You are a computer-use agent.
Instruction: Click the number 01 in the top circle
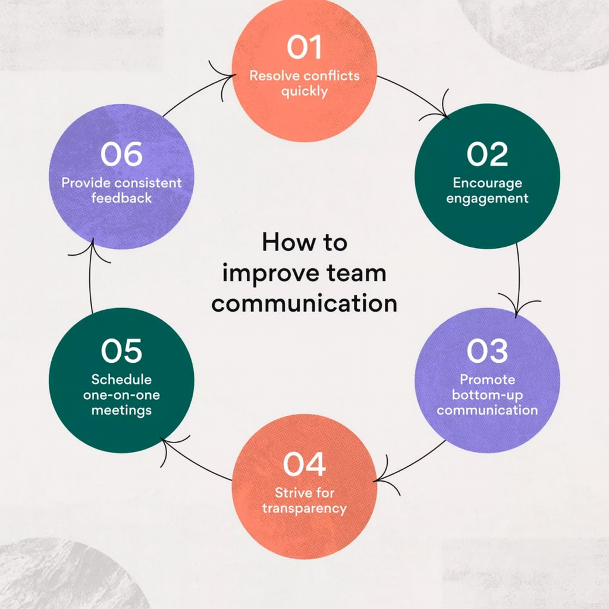point(304,48)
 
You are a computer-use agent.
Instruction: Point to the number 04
point(304,464)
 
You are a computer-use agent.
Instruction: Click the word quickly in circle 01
point(304,92)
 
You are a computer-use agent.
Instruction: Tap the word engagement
point(487,198)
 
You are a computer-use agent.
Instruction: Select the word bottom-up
point(487,395)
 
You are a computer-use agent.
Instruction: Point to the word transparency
point(304,508)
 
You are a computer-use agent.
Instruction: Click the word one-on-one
point(122,395)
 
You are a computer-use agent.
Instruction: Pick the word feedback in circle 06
point(121,198)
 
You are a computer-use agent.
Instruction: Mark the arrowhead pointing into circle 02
point(443,113)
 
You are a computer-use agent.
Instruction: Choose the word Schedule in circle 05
point(122,379)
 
